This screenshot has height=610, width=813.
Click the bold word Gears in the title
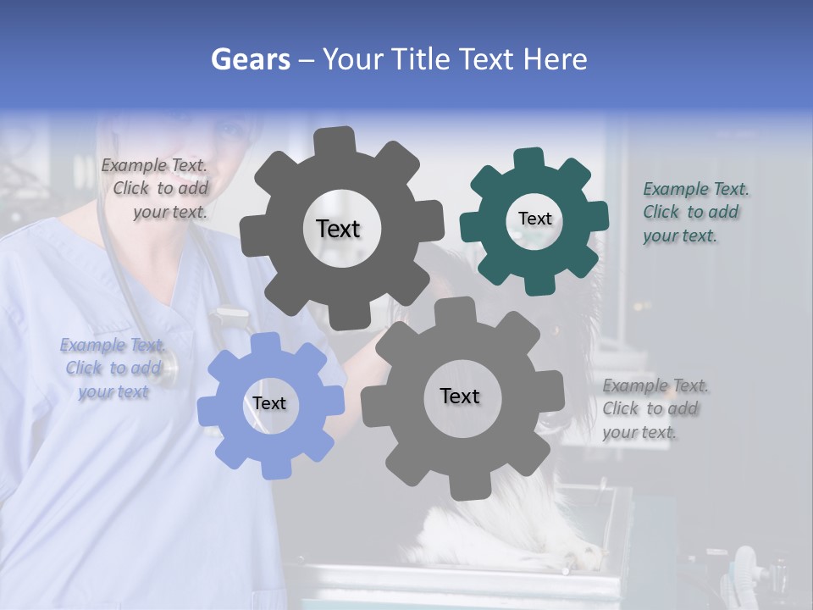(x=250, y=59)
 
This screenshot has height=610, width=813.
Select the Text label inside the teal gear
(x=534, y=219)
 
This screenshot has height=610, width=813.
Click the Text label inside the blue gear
(x=269, y=403)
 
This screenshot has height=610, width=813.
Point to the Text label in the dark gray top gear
(x=338, y=229)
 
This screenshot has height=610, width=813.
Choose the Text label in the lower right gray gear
(x=460, y=396)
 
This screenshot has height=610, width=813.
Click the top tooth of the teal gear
(x=529, y=158)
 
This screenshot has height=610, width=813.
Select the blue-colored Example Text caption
(x=113, y=368)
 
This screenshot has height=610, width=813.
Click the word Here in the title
(x=555, y=59)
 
